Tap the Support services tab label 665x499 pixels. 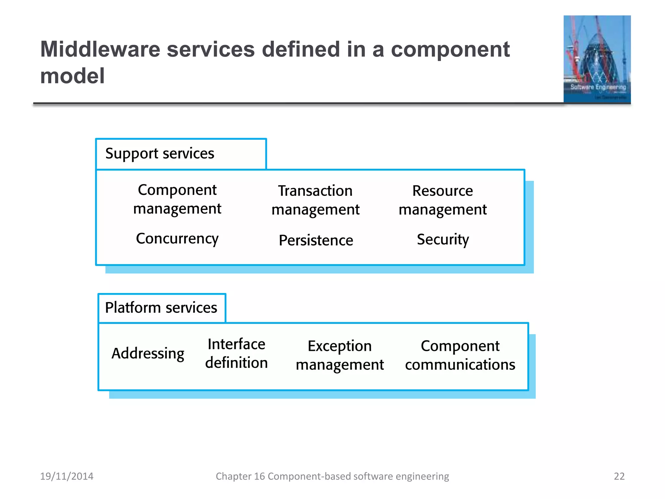click(x=160, y=153)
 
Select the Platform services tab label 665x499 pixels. click(x=161, y=308)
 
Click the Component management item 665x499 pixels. click(x=177, y=199)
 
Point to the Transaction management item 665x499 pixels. click(x=315, y=200)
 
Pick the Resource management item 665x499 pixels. click(x=443, y=200)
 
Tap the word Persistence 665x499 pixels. click(x=316, y=240)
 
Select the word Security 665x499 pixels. click(x=443, y=240)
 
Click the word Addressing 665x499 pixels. click(x=148, y=353)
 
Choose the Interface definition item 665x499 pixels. click(x=236, y=353)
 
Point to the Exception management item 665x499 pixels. click(x=340, y=355)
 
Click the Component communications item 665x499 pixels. click(x=460, y=355)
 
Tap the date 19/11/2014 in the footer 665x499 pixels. click(x=67, y=476)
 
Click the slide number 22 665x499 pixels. click(x=619, y=476)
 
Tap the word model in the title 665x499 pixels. click(x=72, y=76)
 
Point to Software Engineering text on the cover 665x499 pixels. click(x=598, y=87)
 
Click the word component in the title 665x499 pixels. click(x=450, y=49)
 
